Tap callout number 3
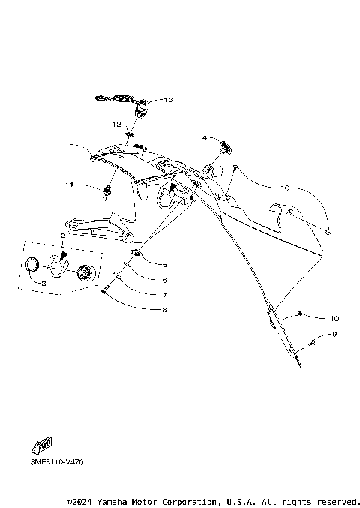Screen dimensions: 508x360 (x=43, y=284)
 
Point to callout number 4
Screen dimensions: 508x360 (x=204, y=137)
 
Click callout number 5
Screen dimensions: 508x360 (x=164, y=265)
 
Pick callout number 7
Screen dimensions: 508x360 (x=164, y=294)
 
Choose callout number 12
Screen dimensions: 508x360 (x=117, y=123)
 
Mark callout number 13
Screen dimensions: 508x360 (x=166, y=99)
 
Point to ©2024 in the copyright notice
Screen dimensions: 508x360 (x=82, y=501)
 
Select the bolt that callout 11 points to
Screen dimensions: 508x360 (x=107, y=194)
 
